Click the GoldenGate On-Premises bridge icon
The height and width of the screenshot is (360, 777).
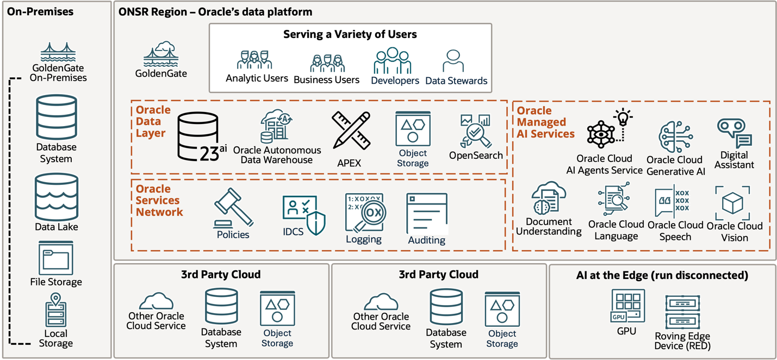click(58, 53)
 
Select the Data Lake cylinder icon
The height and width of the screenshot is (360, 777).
click(56, 197)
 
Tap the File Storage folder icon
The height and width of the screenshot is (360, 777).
click(56, 259)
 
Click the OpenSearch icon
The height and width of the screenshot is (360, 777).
click(475, 131)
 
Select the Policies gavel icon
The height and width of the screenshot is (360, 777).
click(233, 207)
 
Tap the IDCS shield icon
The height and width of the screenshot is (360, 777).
click(304, 215)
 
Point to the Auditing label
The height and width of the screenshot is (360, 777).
click(426, 240)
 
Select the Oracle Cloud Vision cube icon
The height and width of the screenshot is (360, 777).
click(732, 203)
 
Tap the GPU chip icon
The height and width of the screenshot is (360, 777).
click(628, 306)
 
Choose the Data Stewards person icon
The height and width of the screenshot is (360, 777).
click(453, 61)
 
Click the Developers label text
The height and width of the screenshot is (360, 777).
click(395, 80)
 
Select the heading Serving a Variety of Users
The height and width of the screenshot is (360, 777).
click(350, 35)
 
